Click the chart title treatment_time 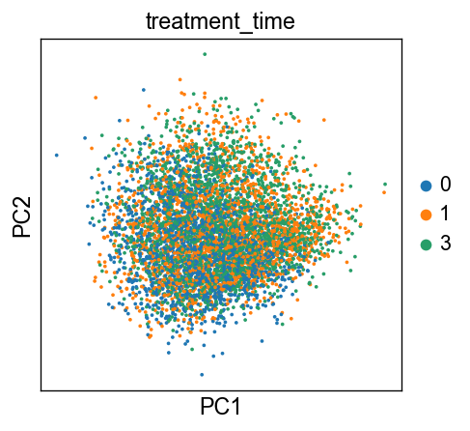click(220, 21)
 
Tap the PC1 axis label click(220, 407)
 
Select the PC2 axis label click(21, 216)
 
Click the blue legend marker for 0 click(426, 186)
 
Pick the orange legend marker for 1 click(426, 215)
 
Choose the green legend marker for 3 click(426, 244)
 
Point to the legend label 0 click(446, 185)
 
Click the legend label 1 click(445, 214)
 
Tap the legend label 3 click(446, 244)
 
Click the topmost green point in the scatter click(205, 54)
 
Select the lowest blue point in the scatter click(202, 375)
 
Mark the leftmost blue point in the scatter click(57, 156)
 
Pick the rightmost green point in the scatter click(385, 185)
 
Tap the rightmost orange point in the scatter click(384, 192)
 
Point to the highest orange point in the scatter click(180, 79)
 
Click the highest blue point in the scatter click(144, 90)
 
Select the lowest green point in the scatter click(192, 349)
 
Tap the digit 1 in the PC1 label click(235, 407)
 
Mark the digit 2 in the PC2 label click(21, 202)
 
